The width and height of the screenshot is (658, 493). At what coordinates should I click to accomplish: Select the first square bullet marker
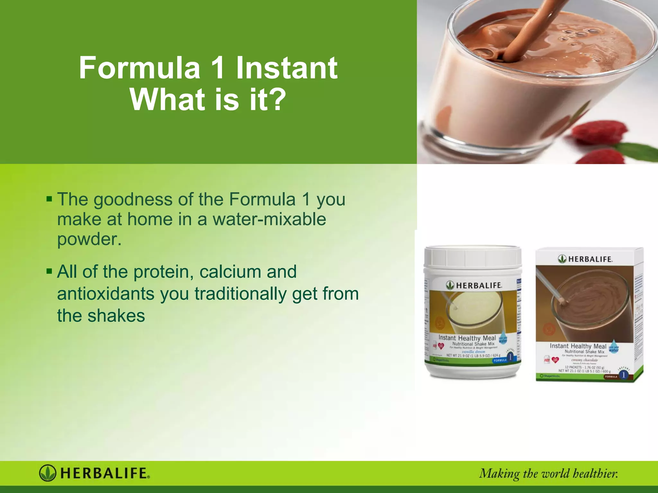pos(49,198)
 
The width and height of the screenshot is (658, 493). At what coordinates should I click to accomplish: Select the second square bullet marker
pos(49,271)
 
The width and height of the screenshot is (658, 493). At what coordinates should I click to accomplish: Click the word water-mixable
pos(269,219)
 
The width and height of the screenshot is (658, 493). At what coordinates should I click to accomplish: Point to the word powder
pos(89,239)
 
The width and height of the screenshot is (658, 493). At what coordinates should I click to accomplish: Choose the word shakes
pos(116,316)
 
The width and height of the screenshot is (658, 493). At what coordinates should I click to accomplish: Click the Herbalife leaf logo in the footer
pos(48,473)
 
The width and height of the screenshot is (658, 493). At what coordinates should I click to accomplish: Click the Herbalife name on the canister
pos(479,285)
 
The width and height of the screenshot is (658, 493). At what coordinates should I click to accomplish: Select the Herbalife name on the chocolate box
pos(590,259)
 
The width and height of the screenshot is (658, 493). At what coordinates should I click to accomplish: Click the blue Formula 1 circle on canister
pos(510,357)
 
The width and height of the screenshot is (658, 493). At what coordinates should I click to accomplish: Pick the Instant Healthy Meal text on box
pos(578,346)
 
